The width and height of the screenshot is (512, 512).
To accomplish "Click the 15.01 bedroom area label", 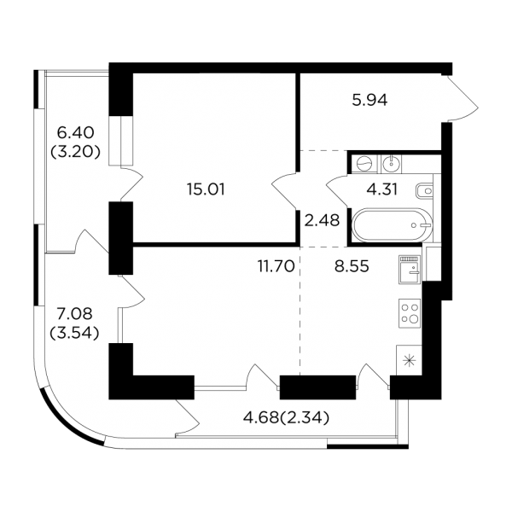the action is click(x=206, y=189).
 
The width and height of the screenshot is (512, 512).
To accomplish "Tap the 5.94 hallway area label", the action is click(x=369, y=100).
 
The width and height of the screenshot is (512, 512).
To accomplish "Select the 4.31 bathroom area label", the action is click(x=382, y=189).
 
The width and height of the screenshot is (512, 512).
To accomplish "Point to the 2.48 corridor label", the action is click(x=322, y=220).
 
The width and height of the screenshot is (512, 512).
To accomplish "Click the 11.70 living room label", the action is click(x=276, y=266).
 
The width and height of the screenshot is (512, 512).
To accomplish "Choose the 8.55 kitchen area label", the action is click(x=352, y=266).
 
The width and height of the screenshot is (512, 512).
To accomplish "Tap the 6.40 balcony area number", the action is click(x=75, y=132).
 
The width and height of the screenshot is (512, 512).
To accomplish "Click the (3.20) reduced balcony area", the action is click(x=75, y=151).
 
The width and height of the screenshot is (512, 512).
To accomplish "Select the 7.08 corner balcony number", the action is click(x=74, y=314).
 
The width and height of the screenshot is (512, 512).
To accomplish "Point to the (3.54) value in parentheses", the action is click(x=74, y=333).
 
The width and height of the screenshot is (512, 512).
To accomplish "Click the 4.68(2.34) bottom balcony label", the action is click(x=286, y=417).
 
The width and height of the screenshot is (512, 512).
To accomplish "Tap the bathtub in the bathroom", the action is click(x=392, y=225).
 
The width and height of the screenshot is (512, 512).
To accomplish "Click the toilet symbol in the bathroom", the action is click(x=424, y=190).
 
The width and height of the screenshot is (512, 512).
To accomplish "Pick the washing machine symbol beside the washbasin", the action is click(x=364, y=163).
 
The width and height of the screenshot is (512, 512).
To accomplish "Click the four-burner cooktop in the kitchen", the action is click(x=410, y=313).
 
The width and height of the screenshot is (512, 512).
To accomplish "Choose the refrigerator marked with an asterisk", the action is click(x=409, y=360).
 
